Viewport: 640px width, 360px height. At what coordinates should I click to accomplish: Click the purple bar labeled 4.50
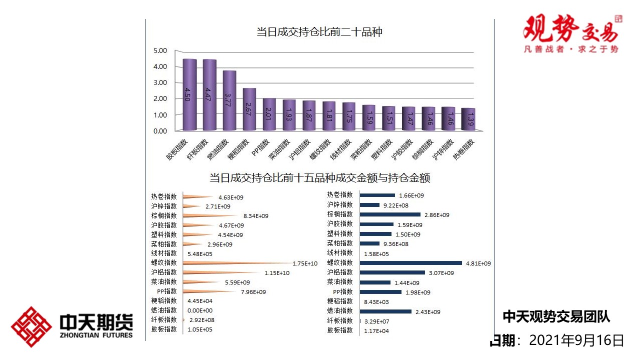click(189, 94)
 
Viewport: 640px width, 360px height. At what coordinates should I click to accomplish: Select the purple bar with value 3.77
click(229, 100)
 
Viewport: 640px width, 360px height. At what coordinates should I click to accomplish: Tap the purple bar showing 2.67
click(249, 109)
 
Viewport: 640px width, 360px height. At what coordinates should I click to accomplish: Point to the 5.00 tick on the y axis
click(160, 50)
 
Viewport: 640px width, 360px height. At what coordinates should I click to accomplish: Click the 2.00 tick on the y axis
click(160, 98)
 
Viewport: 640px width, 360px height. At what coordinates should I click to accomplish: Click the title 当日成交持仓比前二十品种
click(319, 32)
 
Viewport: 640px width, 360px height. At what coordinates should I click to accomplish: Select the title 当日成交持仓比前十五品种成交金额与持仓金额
click(319, 178)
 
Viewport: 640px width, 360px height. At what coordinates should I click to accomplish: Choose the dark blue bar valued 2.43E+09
click(385, 311)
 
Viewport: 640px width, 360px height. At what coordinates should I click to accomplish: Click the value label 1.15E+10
click(277, 273)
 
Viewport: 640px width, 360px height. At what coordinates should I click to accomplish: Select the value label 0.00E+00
click(199, 310)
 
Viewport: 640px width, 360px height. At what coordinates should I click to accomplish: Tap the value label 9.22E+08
click(396, 205)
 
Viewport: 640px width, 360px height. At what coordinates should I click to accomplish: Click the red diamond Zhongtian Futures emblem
click(31, 327)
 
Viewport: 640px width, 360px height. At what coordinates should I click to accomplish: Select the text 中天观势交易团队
click(556, 316)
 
